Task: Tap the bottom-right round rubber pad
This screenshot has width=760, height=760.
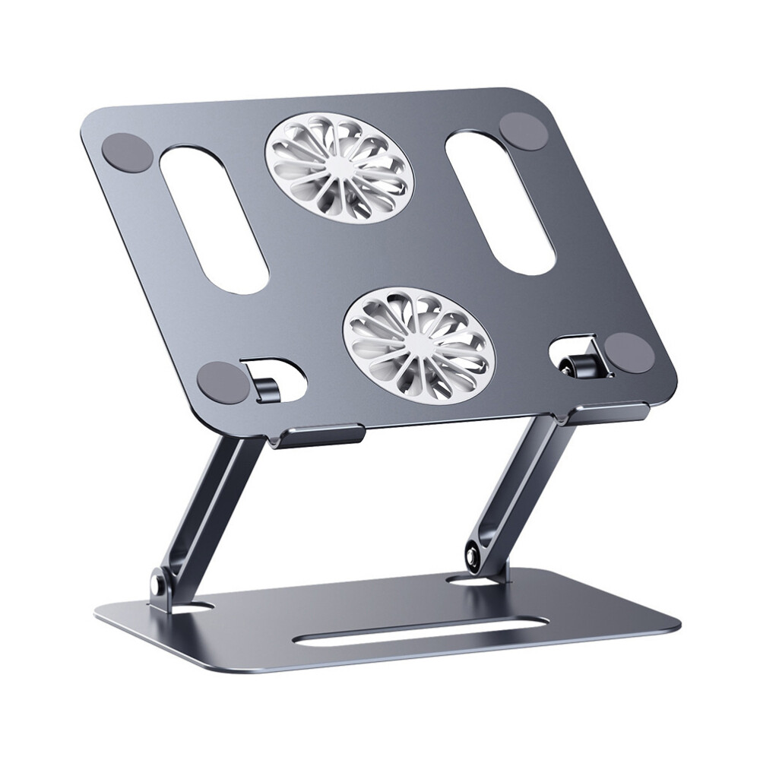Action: tap(630, 353)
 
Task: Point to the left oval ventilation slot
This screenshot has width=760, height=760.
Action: tap(214, 216)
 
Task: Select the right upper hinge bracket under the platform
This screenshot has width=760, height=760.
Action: tap(604, 413)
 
